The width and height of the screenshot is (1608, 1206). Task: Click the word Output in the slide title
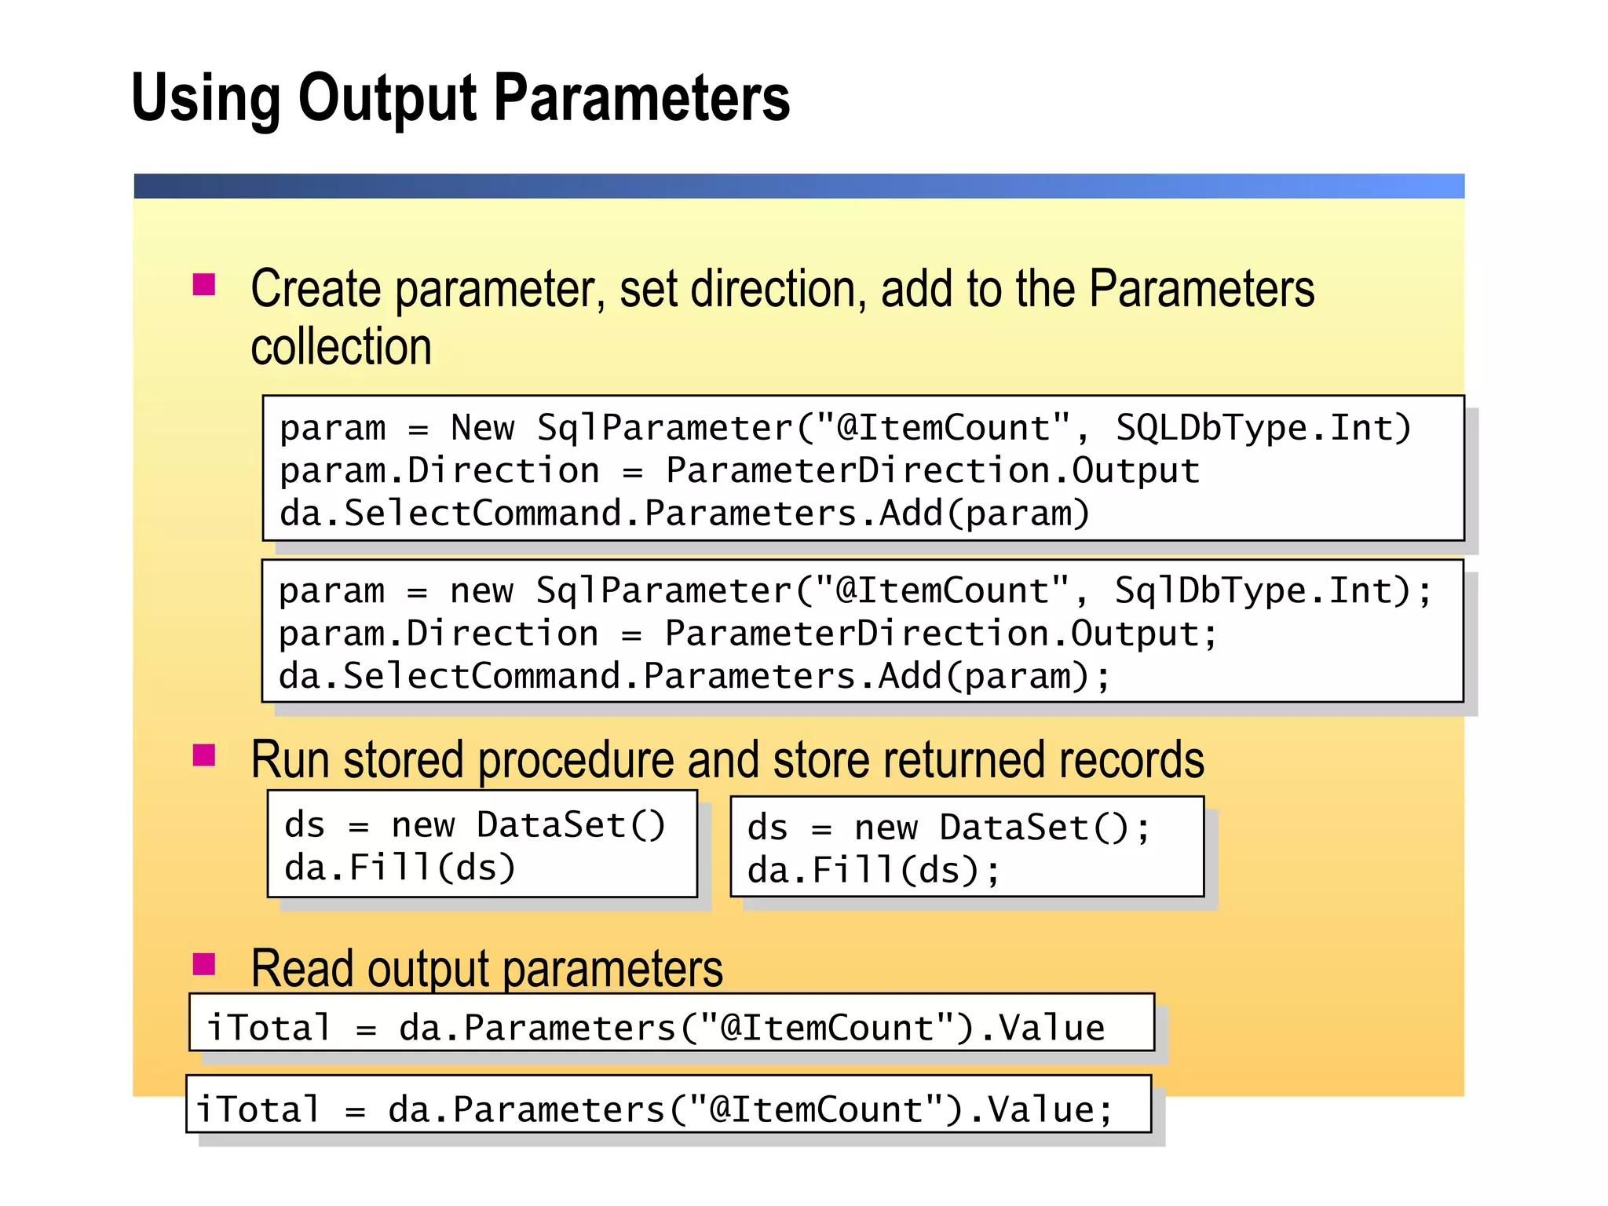click(x=387, y=98)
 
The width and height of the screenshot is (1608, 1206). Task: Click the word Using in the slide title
click(x=206, y=98)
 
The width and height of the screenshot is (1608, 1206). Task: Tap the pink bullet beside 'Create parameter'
click(x=204, y=284)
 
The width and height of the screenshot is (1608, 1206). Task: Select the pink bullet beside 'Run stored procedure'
click(x=204, y=755)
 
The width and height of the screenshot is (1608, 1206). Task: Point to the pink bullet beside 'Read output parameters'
click(x=204, y=963)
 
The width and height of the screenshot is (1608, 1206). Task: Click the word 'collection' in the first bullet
click(x=342, y=347)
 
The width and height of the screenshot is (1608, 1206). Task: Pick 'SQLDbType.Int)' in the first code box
click(x=1263, y=428)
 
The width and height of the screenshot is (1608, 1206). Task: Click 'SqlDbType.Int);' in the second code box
click(x=1273, y=591)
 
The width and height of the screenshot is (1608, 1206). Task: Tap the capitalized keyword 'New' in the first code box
click(x=482, y=428)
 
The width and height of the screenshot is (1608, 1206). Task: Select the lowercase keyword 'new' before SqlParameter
click(x=481, y=591)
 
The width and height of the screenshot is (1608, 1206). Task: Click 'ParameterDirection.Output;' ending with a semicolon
click(x=941, y=634)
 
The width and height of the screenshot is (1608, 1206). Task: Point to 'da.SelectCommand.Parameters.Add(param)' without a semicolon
click(x=685, y=513)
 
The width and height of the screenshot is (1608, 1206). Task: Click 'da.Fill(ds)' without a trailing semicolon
click(x=400, y=868)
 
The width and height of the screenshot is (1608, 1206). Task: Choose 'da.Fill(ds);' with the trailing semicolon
click(x=873, y=871)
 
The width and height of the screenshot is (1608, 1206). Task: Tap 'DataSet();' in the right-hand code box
click(x=1044, y=828)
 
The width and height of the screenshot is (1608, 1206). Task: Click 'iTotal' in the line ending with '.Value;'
click(x=258, y=1110)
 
